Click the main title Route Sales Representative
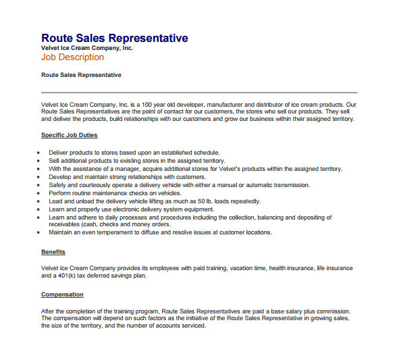coord(114,38)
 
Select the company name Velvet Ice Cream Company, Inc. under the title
coord(87,48)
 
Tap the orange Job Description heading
coord(72,57)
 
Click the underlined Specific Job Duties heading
coord(70,135)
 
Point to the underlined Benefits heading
coord(53,252)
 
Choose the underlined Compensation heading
coord(62,294)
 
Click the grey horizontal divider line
coord(199,92)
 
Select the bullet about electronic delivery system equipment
coord(131,209)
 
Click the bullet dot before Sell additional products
coord(38,161)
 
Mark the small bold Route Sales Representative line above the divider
coord(81,75)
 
